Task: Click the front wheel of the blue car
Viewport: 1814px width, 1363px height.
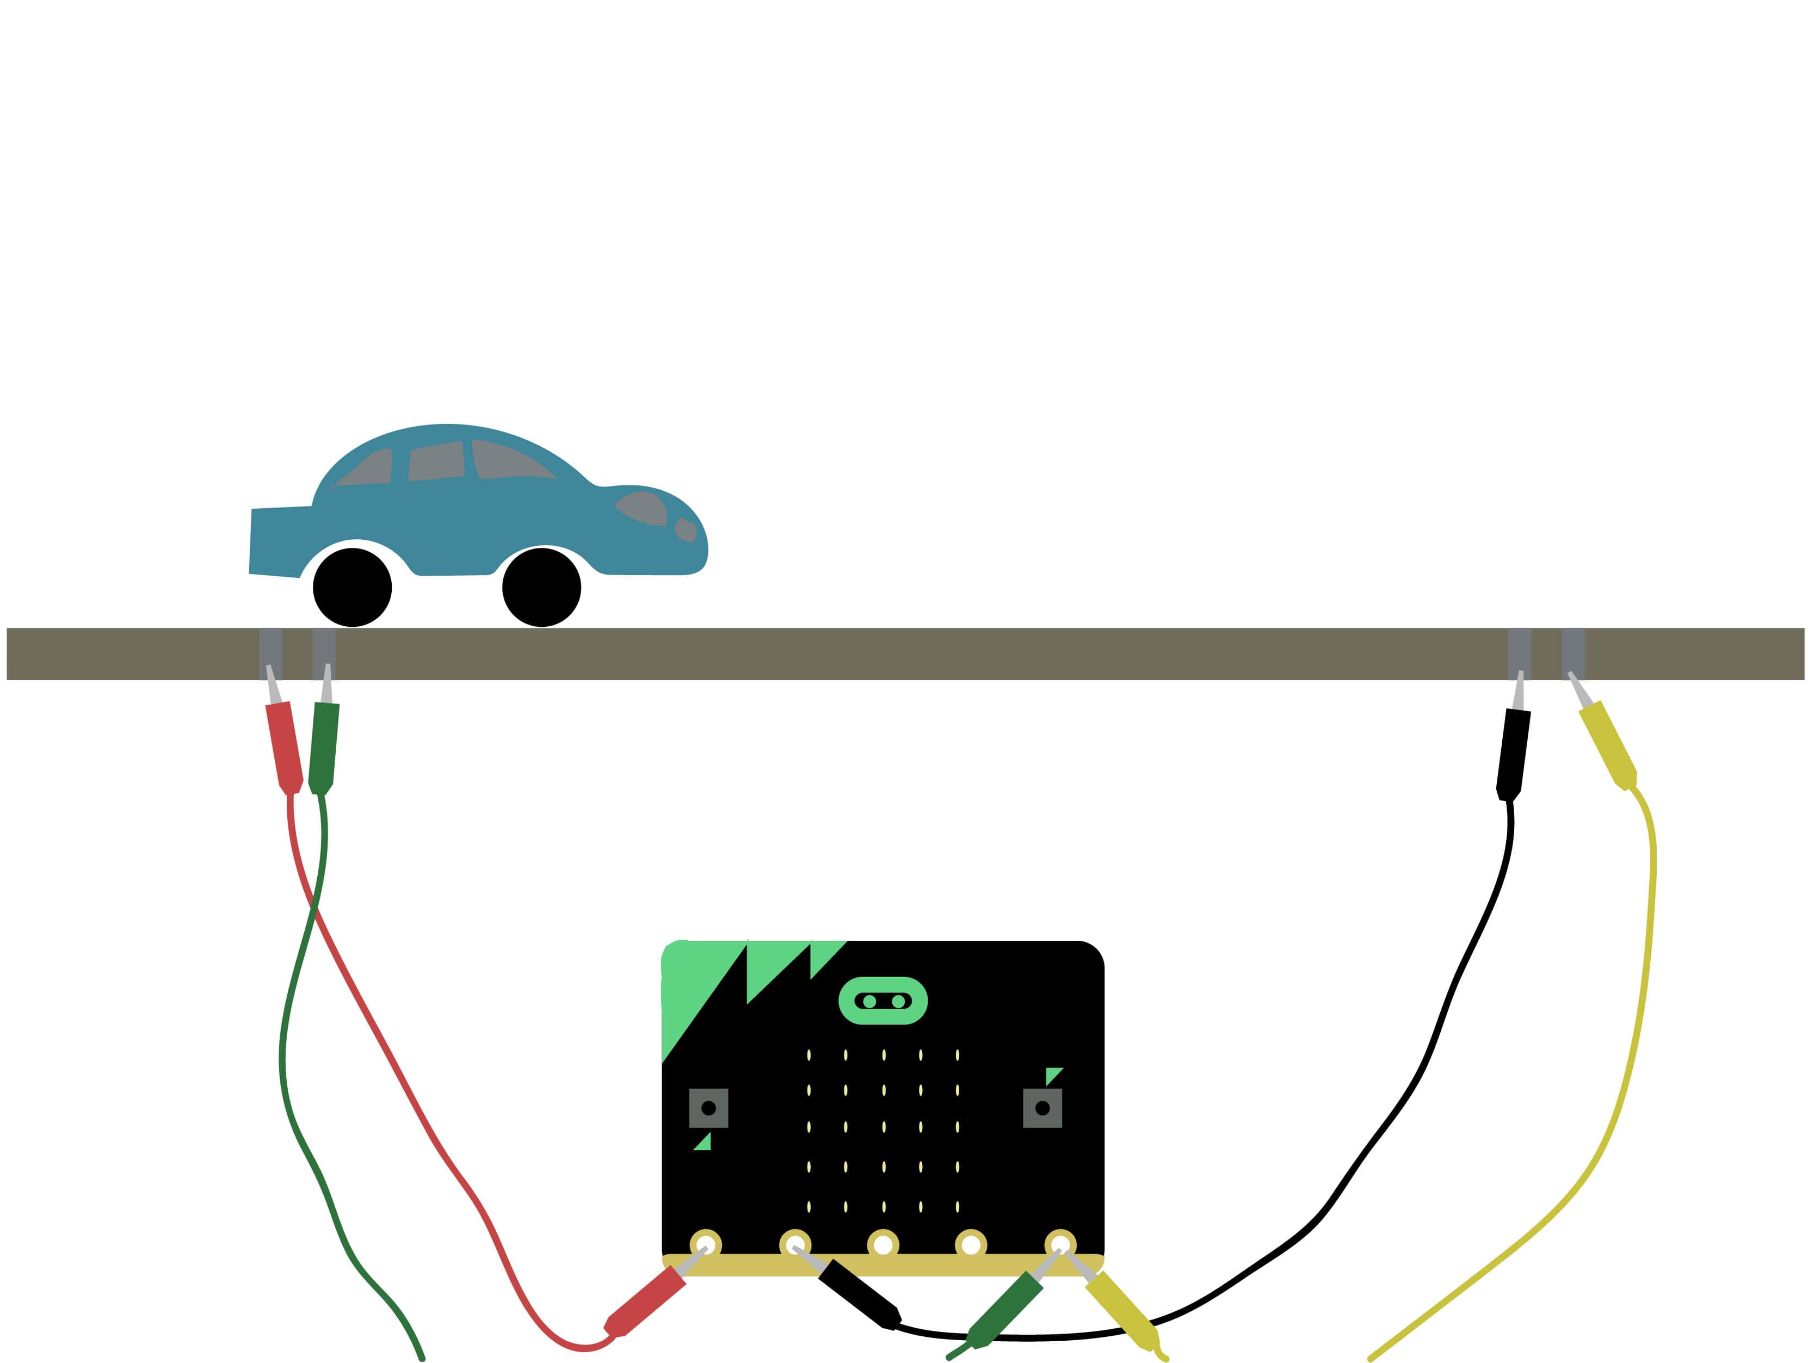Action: [541, 587]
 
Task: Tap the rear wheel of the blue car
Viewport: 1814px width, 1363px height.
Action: [352, 587]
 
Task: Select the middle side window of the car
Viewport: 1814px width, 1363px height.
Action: [437, 462]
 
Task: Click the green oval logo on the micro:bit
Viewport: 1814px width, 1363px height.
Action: [883, 1001]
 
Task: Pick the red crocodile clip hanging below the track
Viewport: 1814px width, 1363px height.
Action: [284, 747]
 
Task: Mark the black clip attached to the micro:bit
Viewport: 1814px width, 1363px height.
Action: [859, 1293]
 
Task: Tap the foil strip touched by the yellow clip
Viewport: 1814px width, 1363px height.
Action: [1573, 653]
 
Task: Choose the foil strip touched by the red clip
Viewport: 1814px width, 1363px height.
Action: [270, 653]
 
